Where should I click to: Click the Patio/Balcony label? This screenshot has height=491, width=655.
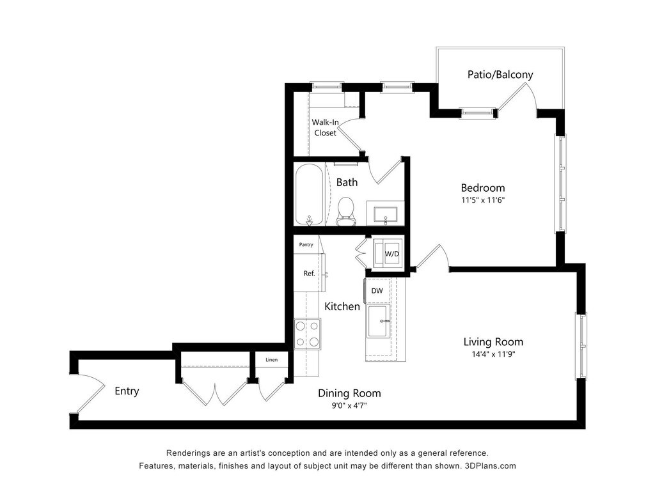point(500,75)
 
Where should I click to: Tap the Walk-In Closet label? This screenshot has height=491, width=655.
point(325,127)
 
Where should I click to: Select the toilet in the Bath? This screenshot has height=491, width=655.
point(345,211)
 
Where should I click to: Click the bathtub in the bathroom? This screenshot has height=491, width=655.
point(309,195)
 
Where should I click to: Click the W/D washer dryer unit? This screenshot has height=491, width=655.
point(388,253)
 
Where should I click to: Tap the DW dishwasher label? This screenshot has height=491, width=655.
point(377,291)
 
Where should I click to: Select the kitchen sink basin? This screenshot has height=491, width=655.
point(378,321)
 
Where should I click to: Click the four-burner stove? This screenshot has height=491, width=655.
point(308,334)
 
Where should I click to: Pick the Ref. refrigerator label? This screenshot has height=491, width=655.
point(309,274)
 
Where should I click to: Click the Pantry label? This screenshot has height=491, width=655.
point(306,245)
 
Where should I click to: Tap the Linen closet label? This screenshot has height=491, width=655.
point(271,360)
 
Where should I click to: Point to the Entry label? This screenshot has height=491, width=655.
point(127,391)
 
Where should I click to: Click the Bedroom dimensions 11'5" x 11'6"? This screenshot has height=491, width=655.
point(483,200)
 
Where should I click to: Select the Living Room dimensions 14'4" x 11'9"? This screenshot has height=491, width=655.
point(493,354)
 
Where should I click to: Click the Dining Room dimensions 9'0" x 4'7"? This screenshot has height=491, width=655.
point(349,405)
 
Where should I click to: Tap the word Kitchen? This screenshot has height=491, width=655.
point(342,306)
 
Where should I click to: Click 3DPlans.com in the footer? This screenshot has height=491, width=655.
point(491,466)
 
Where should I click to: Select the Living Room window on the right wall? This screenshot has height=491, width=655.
point(581,346)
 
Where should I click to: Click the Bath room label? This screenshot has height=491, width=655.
point(347,182)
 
